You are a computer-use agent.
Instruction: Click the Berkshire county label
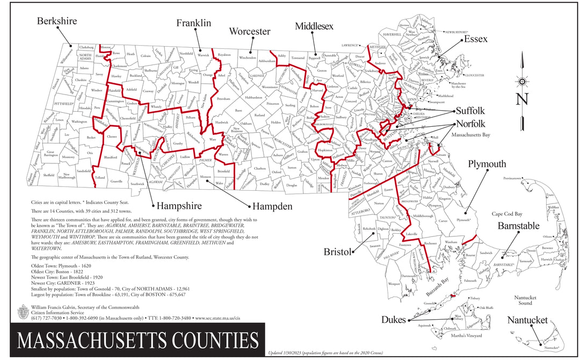click(x=57, y=21)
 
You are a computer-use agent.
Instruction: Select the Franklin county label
click(x=194, y=23)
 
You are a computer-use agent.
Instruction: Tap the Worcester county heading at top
click(x=249, y=32)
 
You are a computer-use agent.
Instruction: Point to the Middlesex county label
click(x=314, y=26)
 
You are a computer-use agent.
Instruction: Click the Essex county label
click(x=475, y=39)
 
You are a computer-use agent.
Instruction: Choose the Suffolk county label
click(x=470, y=111)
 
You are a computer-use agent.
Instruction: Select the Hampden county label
click(x=272, y=206)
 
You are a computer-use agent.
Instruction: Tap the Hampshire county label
click(x=179, y=206)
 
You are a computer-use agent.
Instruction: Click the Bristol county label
click(x=337, y=252)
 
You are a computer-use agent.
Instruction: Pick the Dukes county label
click(x=393, y=320)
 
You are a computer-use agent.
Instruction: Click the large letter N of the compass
click(x=522, y=99)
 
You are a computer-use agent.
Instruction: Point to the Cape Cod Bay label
click(x=507, y=214)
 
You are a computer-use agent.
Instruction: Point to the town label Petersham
click(x=223, y=99)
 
